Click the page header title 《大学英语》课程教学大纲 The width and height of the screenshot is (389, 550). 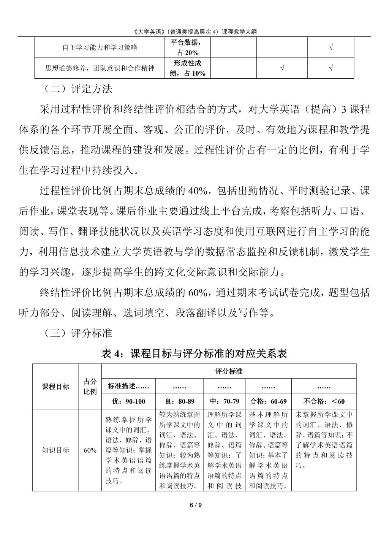(x=194, y=32)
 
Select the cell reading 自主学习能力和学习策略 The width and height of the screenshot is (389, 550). (x=100, y=48)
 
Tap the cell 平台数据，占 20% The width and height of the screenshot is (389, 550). (x=188, y=48)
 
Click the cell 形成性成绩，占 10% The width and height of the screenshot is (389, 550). (x=188, y=68)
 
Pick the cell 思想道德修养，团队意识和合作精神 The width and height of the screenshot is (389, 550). (x=100, y=68)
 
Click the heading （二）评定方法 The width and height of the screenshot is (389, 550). (x=76, y=89)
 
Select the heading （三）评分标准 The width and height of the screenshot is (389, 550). (x=76, y=333)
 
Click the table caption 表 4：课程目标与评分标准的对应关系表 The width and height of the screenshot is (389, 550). (x=194, y=353)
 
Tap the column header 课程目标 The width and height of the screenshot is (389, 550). (x=55, y=387)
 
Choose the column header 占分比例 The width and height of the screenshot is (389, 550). (x=90, y=387)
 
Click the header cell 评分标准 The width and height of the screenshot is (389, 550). (x=229, y=371)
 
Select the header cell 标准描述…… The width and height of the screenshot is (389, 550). (x=128, y=387)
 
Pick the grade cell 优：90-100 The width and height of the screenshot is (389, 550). (x=128, y=401)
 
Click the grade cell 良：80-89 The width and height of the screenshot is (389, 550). (x=179, y=401)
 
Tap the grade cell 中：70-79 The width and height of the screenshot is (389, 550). (x=225, y=401)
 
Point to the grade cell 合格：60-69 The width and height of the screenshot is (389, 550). (x=268, y=401)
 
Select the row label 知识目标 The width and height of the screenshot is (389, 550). (x=55, y=450)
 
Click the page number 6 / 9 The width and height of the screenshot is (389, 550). (x=194, y=505)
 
